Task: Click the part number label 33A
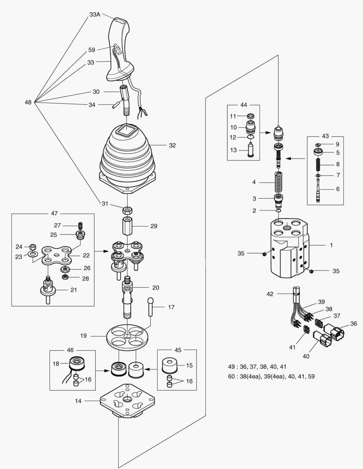coord(95,14)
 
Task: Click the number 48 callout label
coord(28,102)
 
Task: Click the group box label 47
coord(54,214)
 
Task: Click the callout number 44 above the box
coord(243,105)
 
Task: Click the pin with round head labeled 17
coord(151,308)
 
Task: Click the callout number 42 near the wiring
coord(270,294)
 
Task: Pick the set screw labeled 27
coord(80,225)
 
